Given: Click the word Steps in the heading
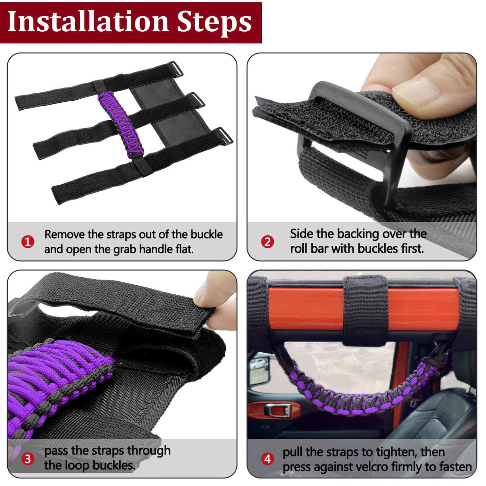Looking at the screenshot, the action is [x=215, y=23].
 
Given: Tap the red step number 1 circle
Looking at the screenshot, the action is [x=28, y=242].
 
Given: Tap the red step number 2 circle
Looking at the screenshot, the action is [x=267, y=242].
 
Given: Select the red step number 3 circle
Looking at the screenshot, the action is [x=28, y=459].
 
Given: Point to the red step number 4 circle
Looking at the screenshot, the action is [x=267, y=459].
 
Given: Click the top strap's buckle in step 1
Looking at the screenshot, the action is [x=176, y=69].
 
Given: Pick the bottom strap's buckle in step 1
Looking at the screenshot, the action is [x=224, y=136].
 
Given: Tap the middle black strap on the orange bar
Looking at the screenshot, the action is [x=365, y=311].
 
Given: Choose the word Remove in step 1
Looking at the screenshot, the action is [x=65, y=235].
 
